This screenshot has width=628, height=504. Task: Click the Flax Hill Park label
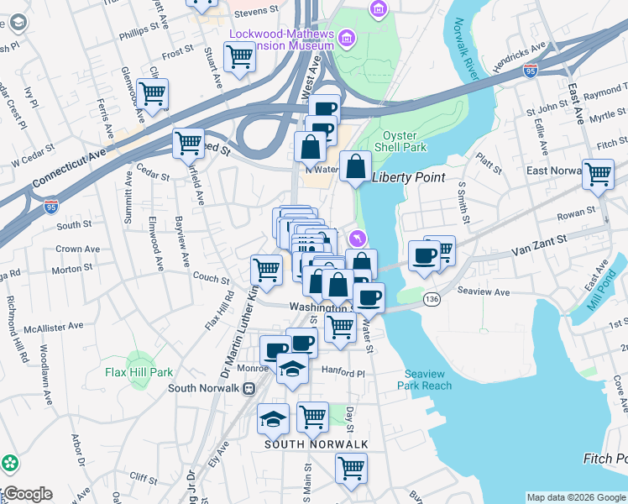[x=139, y=372]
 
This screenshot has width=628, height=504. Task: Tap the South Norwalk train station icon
[x=249, y=388]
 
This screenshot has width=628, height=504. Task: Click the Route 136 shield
[x=432, y=299]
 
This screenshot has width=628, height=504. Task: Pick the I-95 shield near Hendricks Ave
[x=531, y=71]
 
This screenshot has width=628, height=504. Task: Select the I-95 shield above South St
[x=50, y=203]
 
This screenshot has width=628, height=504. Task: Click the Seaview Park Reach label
[x=427, y=380]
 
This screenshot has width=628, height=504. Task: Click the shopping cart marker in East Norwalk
[x=599, y=174]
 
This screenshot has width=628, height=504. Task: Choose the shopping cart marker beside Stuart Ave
[x=240, y=57]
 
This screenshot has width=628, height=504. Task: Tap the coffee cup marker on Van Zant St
[x=425, y=255]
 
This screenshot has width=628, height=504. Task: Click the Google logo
[x=27, y=494]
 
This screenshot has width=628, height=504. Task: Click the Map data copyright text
[x=575, y=497]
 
